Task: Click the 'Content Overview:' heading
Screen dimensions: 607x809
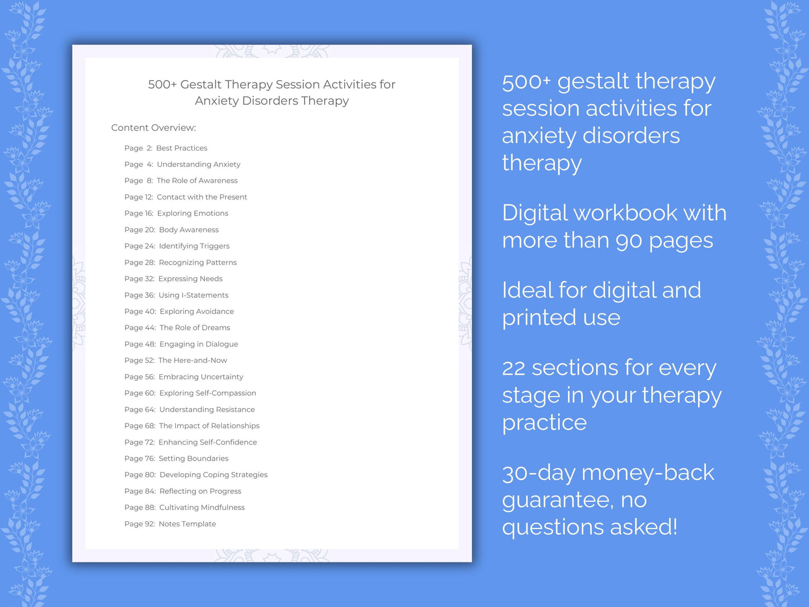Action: [153, 128]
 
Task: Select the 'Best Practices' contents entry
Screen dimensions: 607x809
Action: [181, 148]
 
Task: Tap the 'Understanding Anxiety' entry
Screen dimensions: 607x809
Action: [198, 165]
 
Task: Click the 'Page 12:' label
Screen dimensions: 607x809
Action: [138, 197]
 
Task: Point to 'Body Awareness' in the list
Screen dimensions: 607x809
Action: [189, 230]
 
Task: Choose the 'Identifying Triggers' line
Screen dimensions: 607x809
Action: [194, 246]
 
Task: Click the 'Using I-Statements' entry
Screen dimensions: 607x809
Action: [193, 295]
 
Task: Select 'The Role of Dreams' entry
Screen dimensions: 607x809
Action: [194, 328]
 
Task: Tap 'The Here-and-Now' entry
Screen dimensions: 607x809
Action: [193, 361]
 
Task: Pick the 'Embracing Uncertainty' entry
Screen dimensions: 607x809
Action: [200, 377]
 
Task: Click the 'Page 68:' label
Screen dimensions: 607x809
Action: [139, 426]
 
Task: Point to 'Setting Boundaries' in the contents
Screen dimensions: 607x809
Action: [193, 459]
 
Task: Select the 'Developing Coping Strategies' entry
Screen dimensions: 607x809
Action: [213, 475]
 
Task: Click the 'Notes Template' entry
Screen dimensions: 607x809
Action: [187, 524]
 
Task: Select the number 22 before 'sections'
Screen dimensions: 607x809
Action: [513, 368]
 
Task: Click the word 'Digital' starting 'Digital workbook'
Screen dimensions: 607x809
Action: [534, 213]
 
